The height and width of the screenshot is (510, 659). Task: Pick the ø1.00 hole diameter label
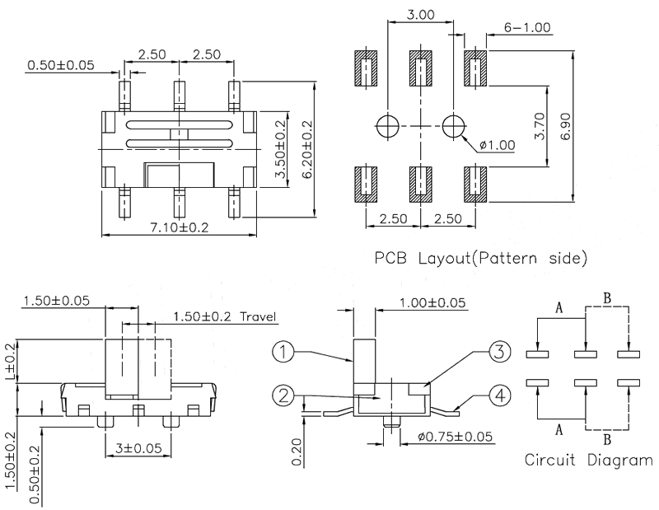point(495,145)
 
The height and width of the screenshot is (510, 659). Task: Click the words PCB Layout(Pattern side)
point(481,259)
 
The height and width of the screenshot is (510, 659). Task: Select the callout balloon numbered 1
point(283,353)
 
